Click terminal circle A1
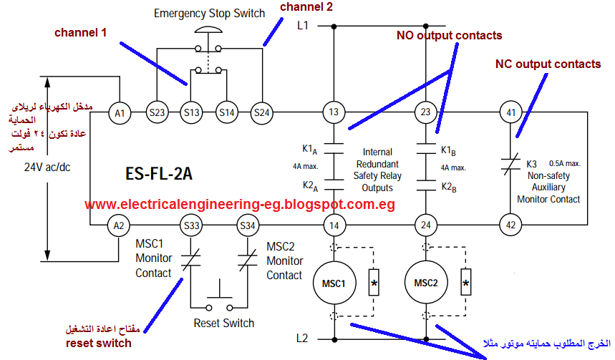tap(120, 112)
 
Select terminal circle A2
tap(120, 225)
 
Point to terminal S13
tap(191, 112)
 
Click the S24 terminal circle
tap(262, 112)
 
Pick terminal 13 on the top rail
tap(334, 112)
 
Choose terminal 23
tap(426, 112)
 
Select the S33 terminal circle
tap(191, 225)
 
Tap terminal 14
tap(334, 225)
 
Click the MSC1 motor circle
tap(334, 282)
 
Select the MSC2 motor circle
tap(426, 282)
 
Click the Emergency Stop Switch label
tap(209, 14)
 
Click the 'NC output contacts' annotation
tap(548, 64)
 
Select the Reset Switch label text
tap(224, 323)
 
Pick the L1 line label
tap(303, 26)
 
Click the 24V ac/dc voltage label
tap(48, 169)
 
